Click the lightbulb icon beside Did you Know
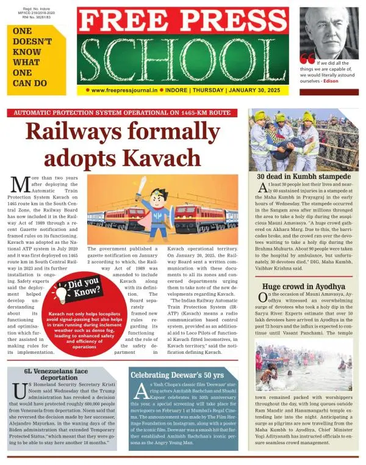pyautogui.click(x=60, y=293)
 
